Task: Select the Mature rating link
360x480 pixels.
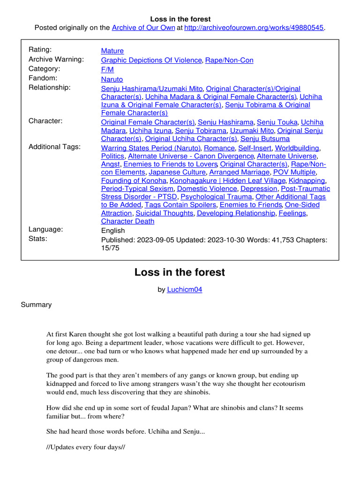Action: (x=112, y=51)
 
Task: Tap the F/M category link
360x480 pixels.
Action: (x=107, y=69)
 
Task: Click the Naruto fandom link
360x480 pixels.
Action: (x=112, y=79)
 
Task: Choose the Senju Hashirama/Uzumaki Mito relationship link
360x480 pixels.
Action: (x=151, y=89)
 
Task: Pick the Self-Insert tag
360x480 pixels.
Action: (x=255, y=148)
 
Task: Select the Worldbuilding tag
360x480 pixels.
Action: (x=297, y=148)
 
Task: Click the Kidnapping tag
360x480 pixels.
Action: (x=307, y=180)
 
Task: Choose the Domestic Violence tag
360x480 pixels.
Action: (x=207, y=188)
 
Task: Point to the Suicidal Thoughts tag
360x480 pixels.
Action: (x=165, y=213)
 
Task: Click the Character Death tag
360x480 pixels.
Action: (x=127, y=221)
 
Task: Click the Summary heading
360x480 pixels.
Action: (x=36, y=305)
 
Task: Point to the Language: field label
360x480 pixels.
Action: (x=45, y=229)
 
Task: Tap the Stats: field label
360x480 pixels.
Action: (x=38, y=239)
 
